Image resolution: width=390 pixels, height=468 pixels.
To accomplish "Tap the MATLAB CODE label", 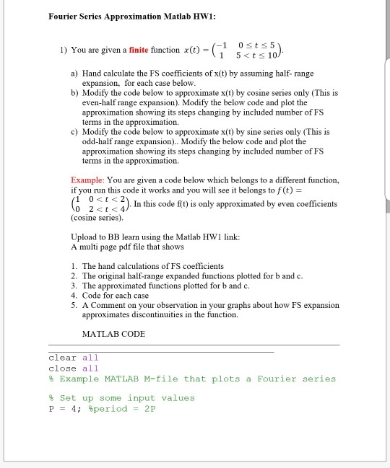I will tap(113, 334).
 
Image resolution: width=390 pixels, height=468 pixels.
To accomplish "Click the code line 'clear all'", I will tap(74, 358).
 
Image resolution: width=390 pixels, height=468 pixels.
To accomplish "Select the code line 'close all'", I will tap(74, 368).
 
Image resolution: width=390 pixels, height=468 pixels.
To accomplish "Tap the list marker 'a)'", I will tap(74, 74).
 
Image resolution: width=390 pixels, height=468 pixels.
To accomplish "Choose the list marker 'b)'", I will tap(74, 93).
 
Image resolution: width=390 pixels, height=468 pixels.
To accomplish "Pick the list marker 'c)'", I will tap(74, 132).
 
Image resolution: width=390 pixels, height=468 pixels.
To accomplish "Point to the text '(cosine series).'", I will tap(97, 216).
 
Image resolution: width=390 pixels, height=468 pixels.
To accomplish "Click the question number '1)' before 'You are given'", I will tap(64, 50).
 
